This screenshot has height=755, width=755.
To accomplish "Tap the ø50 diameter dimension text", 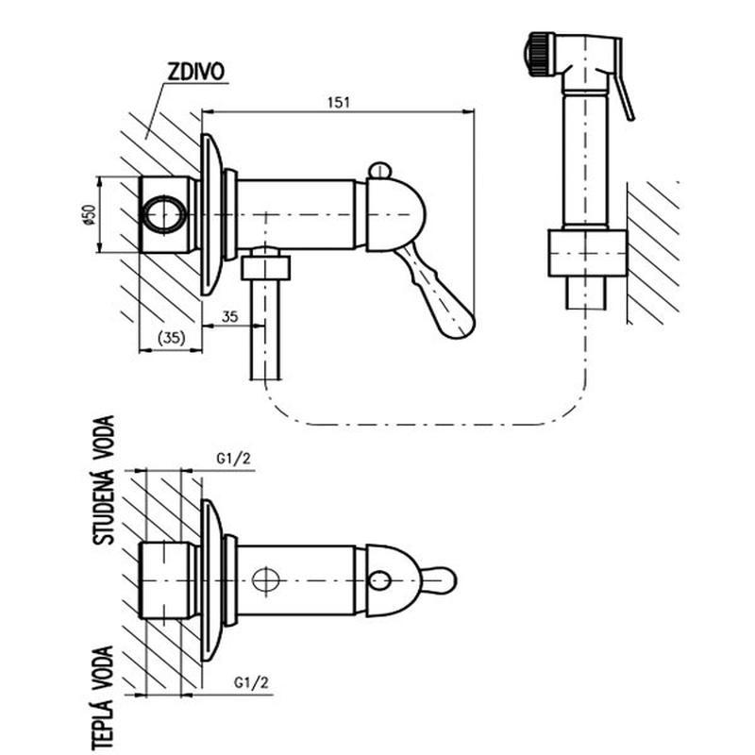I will click(88, 215).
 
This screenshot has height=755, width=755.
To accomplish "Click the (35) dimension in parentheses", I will click(170, 337).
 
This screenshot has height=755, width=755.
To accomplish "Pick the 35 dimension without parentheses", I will click(229, 317).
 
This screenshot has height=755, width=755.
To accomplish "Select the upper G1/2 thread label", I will click(231, 459).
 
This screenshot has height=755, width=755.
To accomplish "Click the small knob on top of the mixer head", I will click(378, 170).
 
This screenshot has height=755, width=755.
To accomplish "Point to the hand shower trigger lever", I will click(625, 90).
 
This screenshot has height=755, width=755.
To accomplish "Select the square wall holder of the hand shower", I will click(587, 252).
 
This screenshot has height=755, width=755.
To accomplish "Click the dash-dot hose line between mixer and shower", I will click(425, 424).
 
